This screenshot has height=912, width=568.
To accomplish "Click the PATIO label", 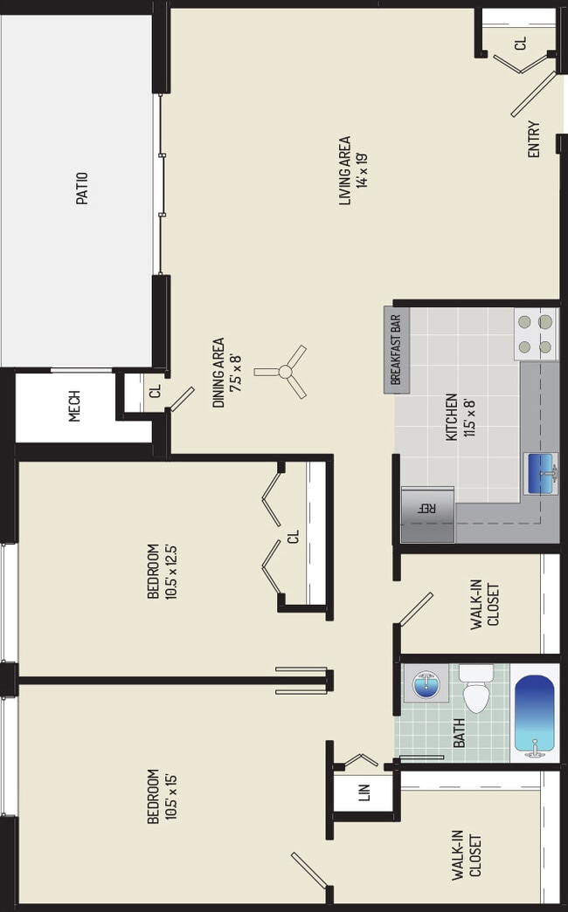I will (82, 188).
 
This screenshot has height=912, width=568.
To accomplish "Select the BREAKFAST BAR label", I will (394, 350).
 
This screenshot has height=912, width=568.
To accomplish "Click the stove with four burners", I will (536, 334).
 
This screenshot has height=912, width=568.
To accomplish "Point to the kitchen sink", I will (541, 474).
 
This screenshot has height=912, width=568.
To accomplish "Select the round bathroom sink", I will (425, 685).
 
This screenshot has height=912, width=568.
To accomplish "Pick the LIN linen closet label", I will (364, 792).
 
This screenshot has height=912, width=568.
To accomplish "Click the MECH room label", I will (74, 407).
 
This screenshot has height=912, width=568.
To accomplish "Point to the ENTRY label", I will (533, 139).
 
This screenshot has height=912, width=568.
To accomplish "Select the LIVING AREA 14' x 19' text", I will (352, 170).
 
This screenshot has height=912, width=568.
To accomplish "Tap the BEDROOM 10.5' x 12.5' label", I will (160, 571).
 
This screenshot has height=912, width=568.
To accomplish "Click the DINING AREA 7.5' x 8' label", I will (225, 373).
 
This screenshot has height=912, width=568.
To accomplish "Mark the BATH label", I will (459, 731).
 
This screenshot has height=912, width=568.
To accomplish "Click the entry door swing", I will (533, 94).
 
